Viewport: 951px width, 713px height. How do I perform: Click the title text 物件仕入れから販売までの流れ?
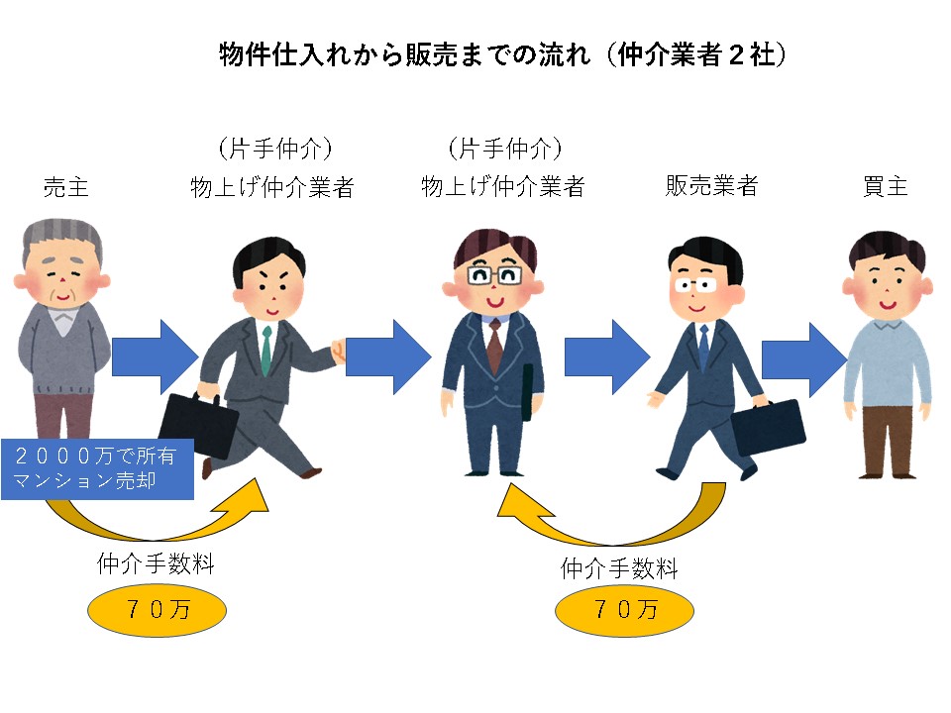[x=404, y=54]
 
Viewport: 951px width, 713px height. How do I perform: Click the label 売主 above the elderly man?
[x=66, y=187]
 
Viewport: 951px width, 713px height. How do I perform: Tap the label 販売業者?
[x=711, y=185]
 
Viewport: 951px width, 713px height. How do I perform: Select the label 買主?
[x=885, y=186]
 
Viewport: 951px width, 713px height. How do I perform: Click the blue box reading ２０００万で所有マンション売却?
[x=97, y=468]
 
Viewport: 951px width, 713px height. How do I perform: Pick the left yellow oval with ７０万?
[x=158, y=609]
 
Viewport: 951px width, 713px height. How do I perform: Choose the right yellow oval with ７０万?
[x=625, y=609]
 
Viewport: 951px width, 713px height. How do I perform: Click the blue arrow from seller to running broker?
[x=156, y=356]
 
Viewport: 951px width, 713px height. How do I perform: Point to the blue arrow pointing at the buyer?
[x=804, y=360]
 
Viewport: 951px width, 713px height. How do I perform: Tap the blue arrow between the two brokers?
[x=388, y=356]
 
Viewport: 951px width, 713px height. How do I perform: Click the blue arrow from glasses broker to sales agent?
[x=607, y=357]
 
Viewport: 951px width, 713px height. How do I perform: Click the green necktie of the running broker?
[x=266, y=352]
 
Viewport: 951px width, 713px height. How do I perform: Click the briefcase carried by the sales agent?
[x=768, y=425]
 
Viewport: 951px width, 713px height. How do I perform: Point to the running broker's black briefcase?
[x=199, y=425]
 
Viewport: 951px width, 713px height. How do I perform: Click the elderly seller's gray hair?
[x=61, y=237]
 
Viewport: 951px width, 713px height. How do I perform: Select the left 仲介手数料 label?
[x=156, y=563]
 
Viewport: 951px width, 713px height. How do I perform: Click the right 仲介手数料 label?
[x=619, y=568]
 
